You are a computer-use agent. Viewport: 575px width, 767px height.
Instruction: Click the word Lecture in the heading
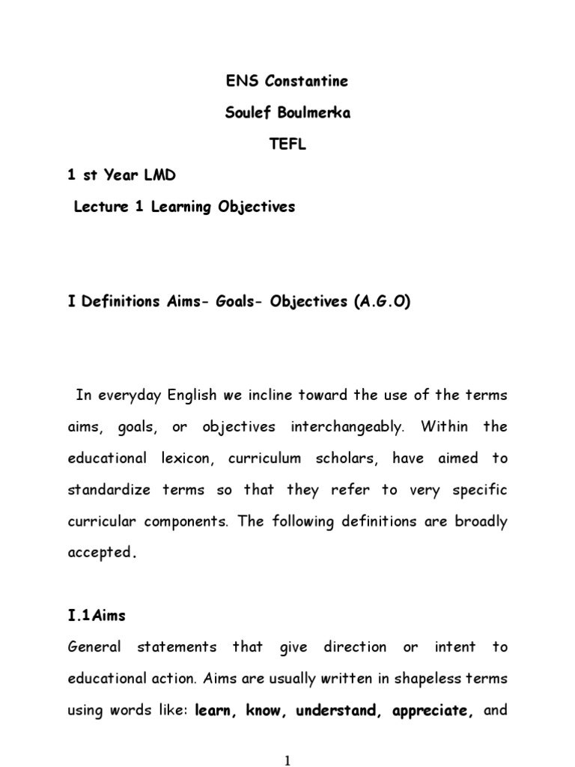pos(101,207)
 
